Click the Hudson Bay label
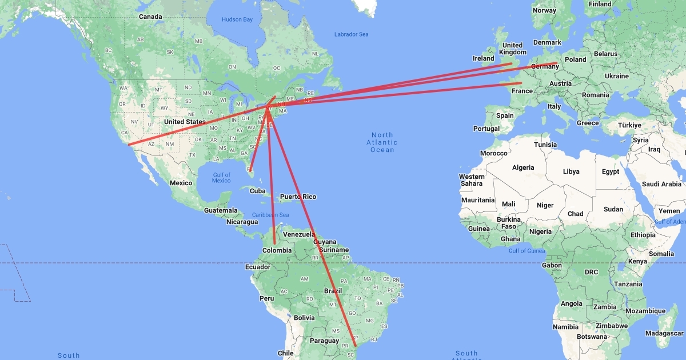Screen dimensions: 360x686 click(x=237, y=19)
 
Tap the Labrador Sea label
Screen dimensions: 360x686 click(x=351, y=35)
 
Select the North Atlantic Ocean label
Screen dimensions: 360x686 click(x=382, y=142)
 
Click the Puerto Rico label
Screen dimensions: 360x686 click(x=298, y=197)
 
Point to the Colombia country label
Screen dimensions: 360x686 click(x=277, y=250)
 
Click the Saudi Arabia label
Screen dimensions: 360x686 click(x=662, y=184)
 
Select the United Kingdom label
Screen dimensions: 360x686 click(x=512, y=49)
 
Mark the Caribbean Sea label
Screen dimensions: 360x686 click(x=272, y=215)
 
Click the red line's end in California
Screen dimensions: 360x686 click(x=129, y=145)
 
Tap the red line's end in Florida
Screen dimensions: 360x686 click(x=250, y=170)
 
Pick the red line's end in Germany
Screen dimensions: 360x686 click(x=556, y=63)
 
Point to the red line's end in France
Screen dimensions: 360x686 click(x=521, y=83)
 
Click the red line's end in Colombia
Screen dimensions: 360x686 click(x=274, y=244)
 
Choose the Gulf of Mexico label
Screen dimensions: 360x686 click(x=221, y=178)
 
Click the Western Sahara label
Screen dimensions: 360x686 click(x=472, y=180)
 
